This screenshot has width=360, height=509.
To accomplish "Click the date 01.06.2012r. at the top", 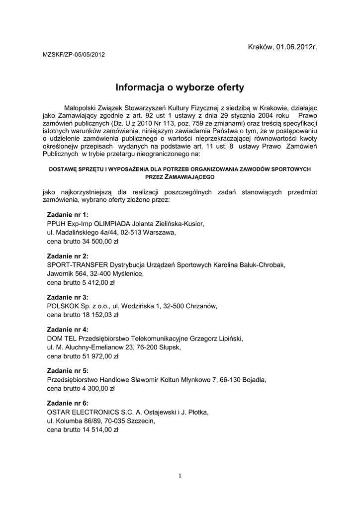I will pos(296,47).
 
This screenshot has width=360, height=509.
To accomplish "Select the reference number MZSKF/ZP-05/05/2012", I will pos(74,55).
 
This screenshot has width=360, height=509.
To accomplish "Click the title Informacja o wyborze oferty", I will pos(180,88).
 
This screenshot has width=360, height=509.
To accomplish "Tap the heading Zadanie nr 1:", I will pos(68,215).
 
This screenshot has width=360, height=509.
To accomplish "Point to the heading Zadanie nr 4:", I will pos(68,330).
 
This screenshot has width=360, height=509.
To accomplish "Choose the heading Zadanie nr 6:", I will pos(68,403).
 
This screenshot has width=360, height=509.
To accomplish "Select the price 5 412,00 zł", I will pos(98,282).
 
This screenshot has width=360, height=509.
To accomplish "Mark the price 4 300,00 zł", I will pos(98,388).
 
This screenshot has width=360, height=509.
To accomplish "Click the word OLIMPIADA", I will pos(108,224).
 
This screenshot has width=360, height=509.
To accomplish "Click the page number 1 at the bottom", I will pos(180,476).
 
